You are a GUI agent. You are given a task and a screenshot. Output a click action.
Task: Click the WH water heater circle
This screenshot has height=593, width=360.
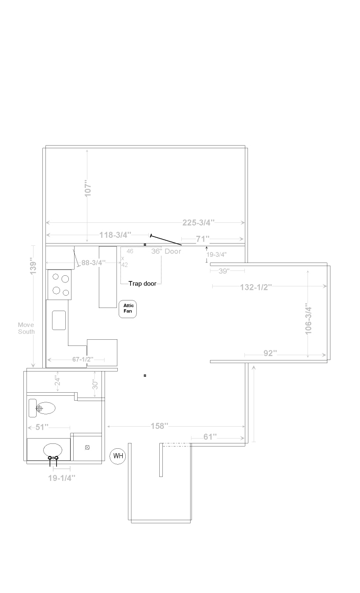pos(118,456)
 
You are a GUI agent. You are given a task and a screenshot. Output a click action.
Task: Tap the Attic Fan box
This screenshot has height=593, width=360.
pos(128,309)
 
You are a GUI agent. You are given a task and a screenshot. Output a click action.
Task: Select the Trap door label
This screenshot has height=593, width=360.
pos(142,284)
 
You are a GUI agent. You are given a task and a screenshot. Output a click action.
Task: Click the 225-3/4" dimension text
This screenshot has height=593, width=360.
pos(198,222)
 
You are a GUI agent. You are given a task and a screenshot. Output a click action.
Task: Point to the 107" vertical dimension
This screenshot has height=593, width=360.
pos(88,188)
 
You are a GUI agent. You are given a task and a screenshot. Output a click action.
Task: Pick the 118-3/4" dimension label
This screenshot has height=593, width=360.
pos(115,235)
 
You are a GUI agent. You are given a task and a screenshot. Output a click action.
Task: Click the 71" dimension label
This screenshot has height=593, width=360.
pos(202,239)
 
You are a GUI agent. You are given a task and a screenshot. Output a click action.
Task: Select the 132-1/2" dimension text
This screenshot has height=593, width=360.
pos(256,287)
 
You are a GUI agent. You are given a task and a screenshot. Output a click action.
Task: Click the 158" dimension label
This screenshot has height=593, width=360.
pos(159,426)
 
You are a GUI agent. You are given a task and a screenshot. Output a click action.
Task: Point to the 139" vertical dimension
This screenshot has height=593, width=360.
pos(33,266)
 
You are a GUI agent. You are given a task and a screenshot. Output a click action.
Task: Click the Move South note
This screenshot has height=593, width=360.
pos(26,328)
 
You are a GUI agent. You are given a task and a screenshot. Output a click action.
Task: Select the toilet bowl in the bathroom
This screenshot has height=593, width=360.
pos(45,408)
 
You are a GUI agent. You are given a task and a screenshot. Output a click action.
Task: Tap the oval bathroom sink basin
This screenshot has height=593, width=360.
pos(52,450)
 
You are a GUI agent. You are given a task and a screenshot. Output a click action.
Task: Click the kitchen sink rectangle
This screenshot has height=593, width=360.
pos(59,320)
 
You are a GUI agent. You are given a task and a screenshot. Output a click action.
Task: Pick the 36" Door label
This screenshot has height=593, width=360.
pos(166,251)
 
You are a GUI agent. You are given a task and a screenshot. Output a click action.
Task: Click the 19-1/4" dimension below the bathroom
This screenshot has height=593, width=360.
pos(62,478)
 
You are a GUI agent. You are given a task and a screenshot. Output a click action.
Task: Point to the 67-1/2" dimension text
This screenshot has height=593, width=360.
pos(83,359)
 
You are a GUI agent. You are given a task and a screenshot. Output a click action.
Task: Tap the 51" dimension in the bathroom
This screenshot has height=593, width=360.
pos(42,427)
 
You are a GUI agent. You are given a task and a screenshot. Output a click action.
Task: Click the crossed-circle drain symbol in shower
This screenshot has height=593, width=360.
pos(87,447)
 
